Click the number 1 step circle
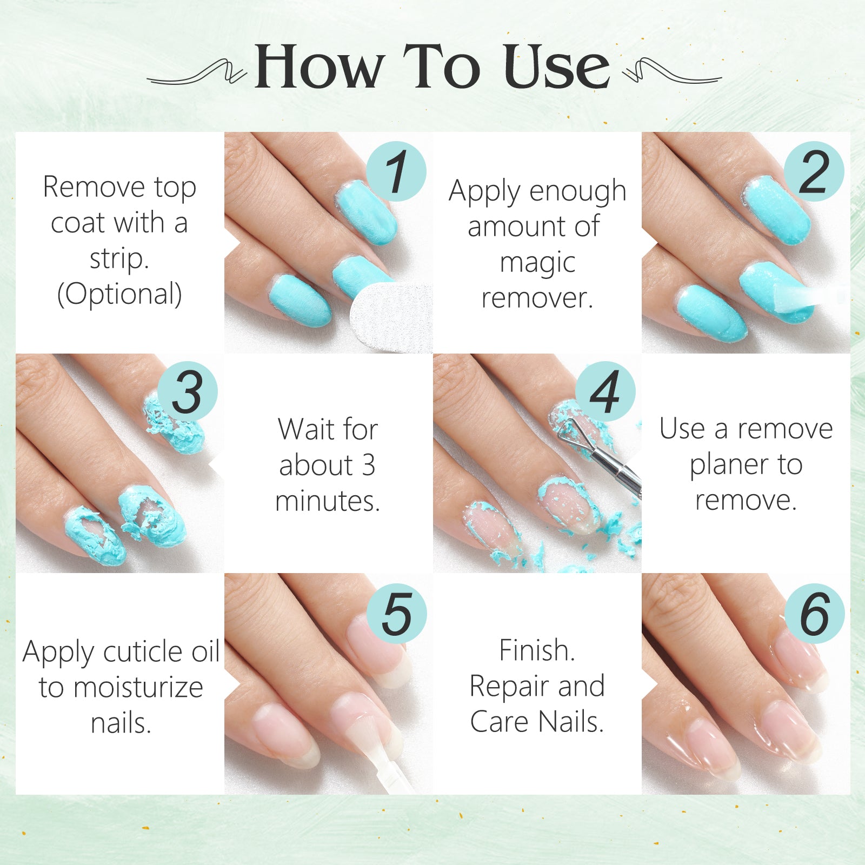click(396, 171)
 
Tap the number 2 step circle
click(814, 171)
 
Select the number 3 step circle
click(188, 391)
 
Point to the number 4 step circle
click(605, 391)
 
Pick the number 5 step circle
click(396, 613)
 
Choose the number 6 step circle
click(814, 613)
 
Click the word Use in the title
click(556, 67)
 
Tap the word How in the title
click(319, 67)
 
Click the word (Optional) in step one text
click(119, 294)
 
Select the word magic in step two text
click(537, 263)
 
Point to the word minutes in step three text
click(327, 501)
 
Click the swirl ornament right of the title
click(670, 72)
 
